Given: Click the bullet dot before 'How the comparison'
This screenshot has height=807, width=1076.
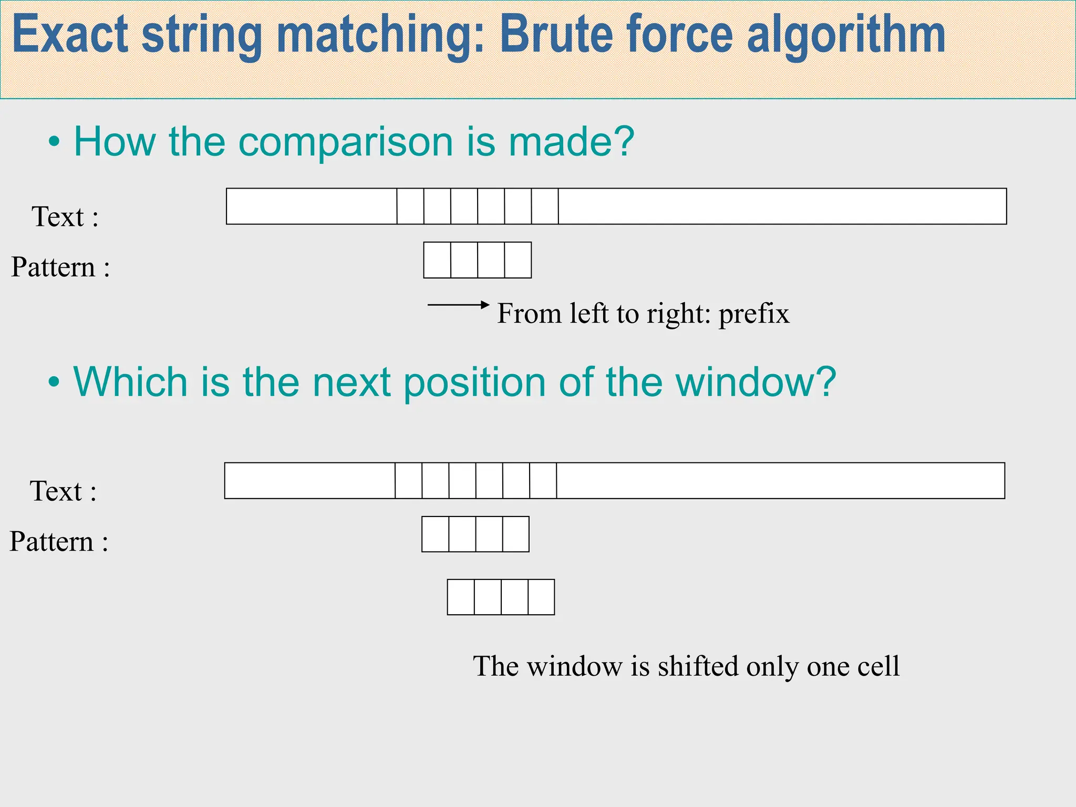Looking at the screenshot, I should [54, 142].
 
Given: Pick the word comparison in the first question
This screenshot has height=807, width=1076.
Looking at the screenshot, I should [345, 142].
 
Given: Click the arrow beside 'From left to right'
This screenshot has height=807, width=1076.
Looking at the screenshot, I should [458, 305].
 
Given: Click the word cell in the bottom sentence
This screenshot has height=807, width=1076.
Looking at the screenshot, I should [878, 666].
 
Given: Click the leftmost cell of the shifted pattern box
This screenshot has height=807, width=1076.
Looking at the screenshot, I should [461, 597].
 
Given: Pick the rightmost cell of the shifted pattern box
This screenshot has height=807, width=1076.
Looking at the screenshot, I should [541, 597].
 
